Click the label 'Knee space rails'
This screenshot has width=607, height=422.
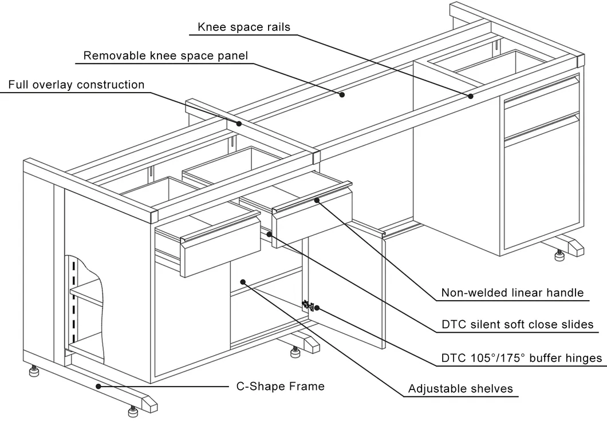244,27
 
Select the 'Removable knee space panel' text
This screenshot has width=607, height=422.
165,55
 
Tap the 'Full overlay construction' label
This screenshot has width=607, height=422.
76,85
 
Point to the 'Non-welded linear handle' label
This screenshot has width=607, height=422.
512,293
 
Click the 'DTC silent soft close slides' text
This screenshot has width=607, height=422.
517,324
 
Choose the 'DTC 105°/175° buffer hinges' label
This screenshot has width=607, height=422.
521,358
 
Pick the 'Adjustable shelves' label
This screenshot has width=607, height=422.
460,389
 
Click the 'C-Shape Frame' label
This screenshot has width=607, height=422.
281,386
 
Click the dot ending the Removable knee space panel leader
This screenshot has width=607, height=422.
342,94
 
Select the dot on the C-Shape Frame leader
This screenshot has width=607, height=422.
99,386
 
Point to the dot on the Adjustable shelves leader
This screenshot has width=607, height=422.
243,281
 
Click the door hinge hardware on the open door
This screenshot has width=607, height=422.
308,305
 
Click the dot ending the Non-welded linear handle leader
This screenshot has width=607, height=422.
317,200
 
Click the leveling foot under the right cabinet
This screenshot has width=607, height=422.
559,255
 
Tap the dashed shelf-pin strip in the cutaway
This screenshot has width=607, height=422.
73,297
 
